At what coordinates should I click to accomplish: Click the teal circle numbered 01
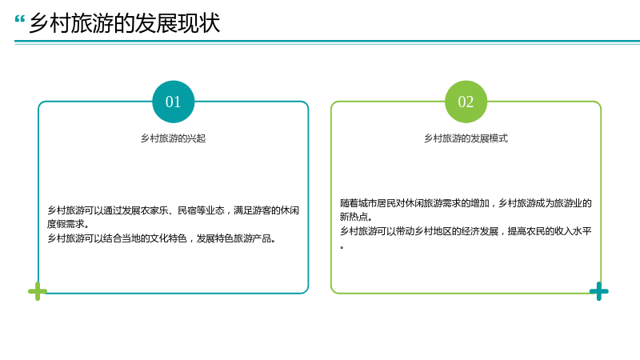(x=173, y=102)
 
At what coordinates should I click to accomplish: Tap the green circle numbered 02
(x=466, y=102)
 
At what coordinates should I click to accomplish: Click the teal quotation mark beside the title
(x=19, y=18)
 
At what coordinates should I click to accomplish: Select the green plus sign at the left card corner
(x=38, y=291)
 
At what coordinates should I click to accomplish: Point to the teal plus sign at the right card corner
(x=598, y=291)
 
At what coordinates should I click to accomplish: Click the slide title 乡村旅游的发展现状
(x=125, y=23)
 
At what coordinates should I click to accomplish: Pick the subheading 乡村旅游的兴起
(x=173, y=138)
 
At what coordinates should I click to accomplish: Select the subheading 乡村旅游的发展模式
(x=466, y=138)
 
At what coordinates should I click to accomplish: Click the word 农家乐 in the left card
(x=154, y=210)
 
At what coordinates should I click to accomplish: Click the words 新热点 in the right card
(x=354, y=217)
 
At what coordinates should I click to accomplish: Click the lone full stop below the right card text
(x=342, y=247)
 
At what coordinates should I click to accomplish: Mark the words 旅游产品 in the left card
(x=252, y=238)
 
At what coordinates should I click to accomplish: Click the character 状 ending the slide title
(x=210, y=23)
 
